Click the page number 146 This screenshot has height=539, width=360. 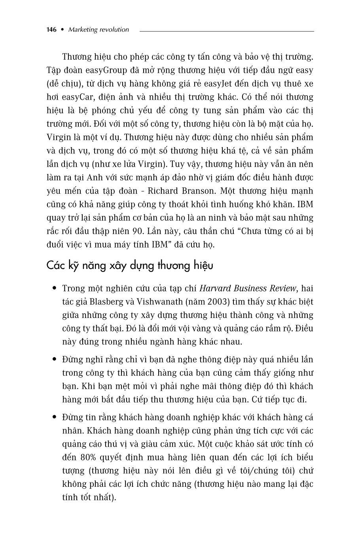[x=52, y=30]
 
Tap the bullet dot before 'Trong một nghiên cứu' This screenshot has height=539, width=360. [x=54, y=288]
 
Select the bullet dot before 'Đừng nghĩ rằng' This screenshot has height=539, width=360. [x=54, y=359]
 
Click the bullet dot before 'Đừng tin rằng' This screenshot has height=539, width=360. [x=54, y=417]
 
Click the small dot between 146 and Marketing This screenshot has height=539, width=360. [x=62, y=30]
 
